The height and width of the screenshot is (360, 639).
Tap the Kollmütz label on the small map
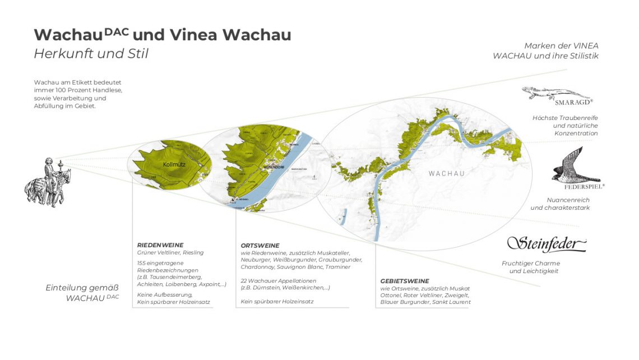tap(174, 165)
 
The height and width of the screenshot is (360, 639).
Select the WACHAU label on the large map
tap(446, 173)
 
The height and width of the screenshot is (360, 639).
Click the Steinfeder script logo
tap(547, 244)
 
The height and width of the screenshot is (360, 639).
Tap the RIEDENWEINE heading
tap(161, 245)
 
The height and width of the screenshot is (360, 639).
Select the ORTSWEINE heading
tap(260, 245)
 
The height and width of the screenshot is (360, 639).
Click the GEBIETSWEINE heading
tap(405, 281)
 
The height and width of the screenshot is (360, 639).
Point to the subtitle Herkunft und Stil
tap(91, 54)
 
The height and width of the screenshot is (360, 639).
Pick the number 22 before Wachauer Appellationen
tap(244, 280)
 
